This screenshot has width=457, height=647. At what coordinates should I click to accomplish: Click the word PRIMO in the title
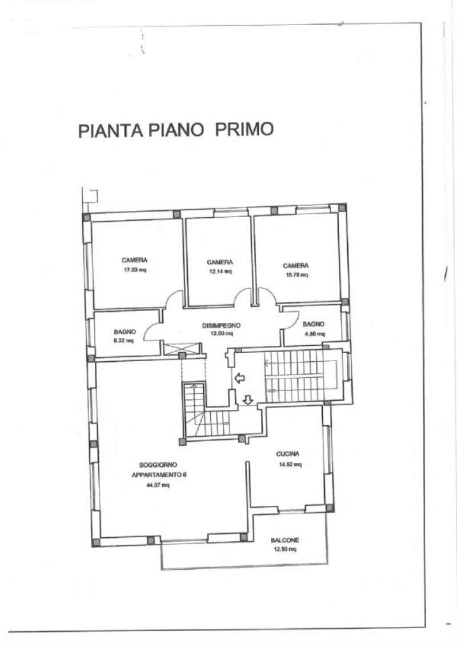pos(244,129)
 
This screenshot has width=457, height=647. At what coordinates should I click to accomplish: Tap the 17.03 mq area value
pos(135,270)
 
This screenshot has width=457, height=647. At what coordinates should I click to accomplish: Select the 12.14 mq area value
pos(219,271)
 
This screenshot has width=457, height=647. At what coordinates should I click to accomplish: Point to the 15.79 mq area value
pos(296,275)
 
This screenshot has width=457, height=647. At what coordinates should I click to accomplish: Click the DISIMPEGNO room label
pos(221,326)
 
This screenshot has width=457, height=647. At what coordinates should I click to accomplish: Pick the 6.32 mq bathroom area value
pos(123,341)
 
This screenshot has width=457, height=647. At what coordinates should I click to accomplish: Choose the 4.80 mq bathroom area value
pos(314,334)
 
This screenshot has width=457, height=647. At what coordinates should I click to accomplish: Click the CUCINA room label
pos(288,454)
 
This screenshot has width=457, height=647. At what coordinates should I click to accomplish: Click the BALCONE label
pos(285,540)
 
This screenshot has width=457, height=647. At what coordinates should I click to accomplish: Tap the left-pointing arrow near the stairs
pos(238,378)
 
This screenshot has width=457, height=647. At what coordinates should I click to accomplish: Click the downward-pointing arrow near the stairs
pos(247,400)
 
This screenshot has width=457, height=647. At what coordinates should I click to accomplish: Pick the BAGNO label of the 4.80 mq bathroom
pos(314,324)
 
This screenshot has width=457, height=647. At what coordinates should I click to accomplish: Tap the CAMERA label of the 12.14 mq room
pos(219,262)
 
